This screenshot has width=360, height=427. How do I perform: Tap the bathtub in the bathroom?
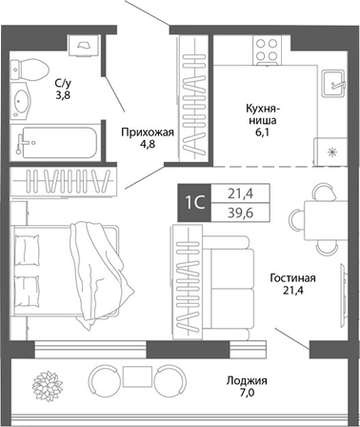[57, 140]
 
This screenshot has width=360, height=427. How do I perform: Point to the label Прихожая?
[147, 133]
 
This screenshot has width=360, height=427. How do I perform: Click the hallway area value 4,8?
[147, 147]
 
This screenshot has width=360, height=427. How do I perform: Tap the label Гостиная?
[291, 278]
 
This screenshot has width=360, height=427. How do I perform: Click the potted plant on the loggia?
[48, 382]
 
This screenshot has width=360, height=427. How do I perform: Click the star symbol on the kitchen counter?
[331, 152]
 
